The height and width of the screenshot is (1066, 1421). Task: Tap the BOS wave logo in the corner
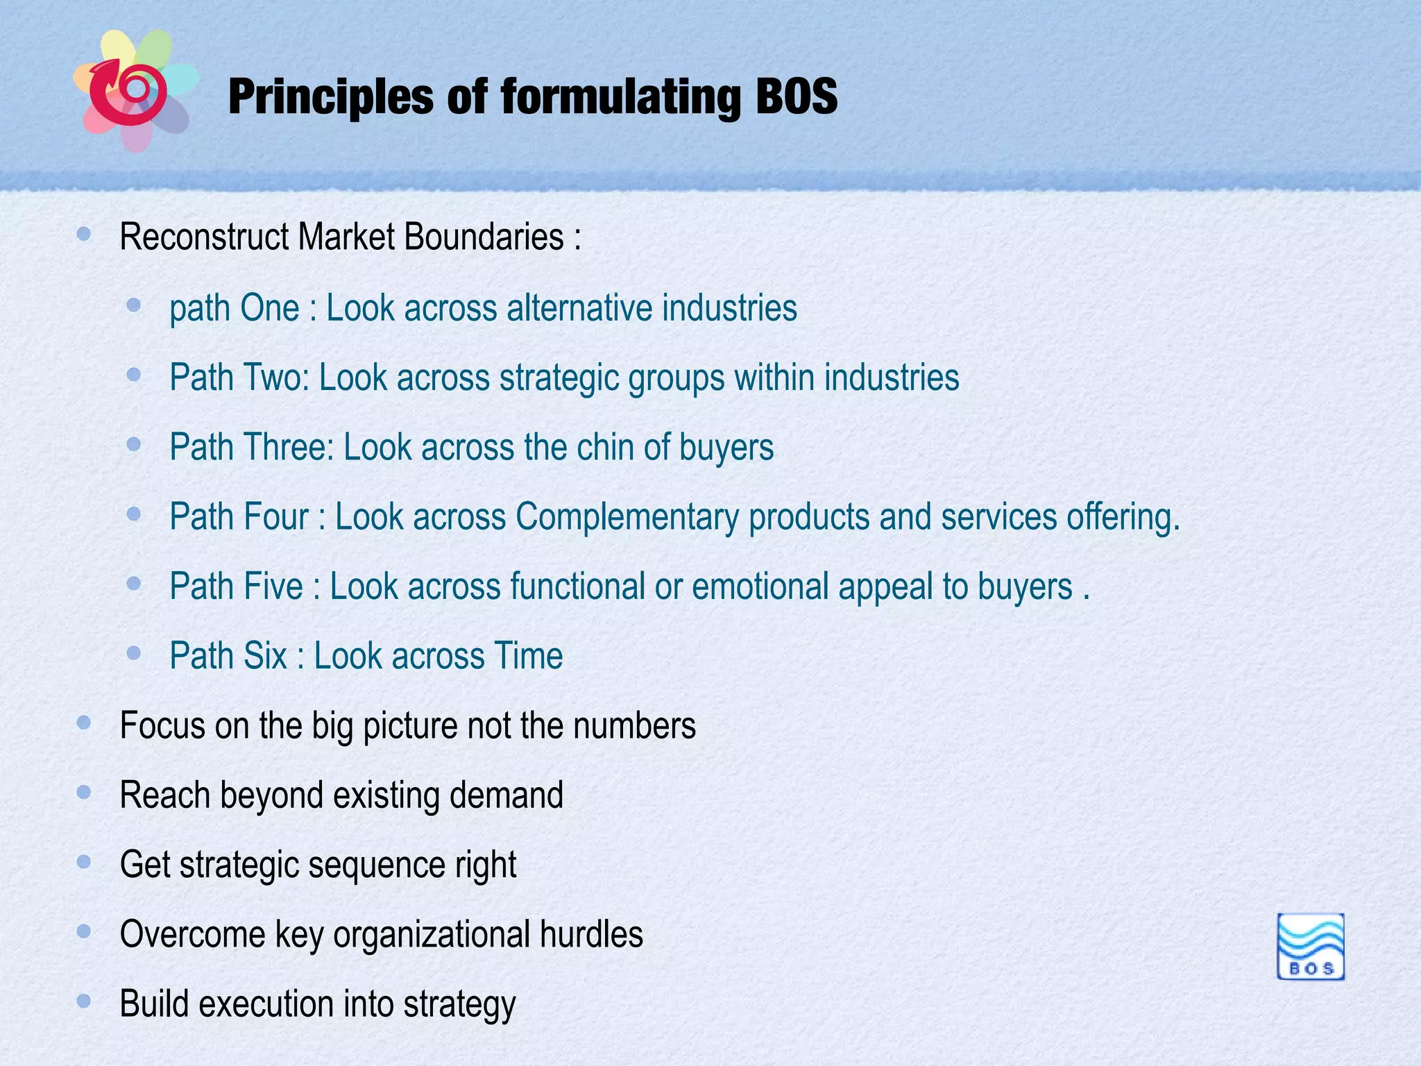[x=1310, y=947]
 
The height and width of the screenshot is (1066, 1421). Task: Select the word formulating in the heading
[x=620, y=97]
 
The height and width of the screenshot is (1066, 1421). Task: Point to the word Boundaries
[x=484, y=237]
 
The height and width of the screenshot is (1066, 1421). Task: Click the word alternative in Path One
[x=579, y=308]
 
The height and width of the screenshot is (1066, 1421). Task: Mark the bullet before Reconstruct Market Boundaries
[x=84, y=235]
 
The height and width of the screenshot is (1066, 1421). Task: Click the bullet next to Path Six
[x=134, y=653]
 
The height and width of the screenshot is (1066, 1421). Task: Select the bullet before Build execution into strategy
[x=84, y=1001]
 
